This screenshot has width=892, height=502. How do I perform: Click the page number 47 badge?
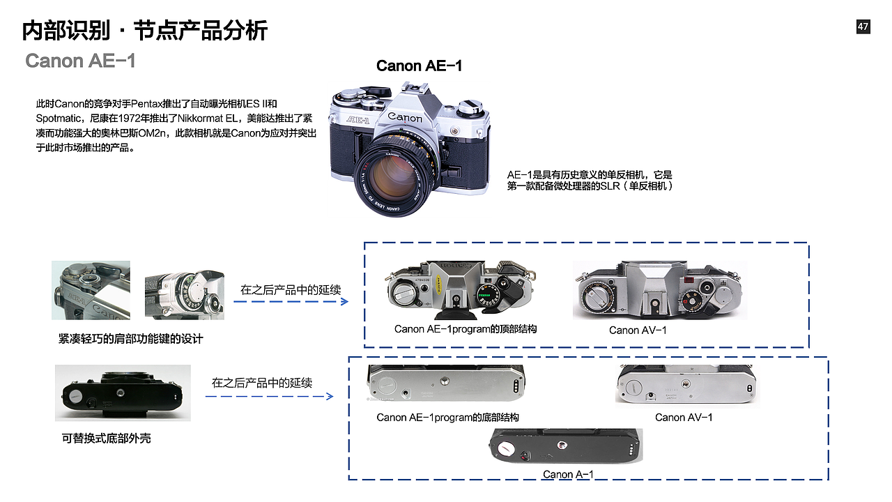(x=863, y=26)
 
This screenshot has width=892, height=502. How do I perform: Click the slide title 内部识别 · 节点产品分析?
(x=145, y=31)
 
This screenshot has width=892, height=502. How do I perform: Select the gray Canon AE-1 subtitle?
(x=80, y=61)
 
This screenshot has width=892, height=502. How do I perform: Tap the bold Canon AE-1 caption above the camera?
(x=419, y=66)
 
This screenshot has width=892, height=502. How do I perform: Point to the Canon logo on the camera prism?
(x=405, y=116)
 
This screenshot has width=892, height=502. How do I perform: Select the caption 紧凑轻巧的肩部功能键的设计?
(x=131, y=339)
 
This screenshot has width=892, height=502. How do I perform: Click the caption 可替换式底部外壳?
(x=106, y=438)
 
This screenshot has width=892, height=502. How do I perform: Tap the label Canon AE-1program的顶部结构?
(x=466, y=328)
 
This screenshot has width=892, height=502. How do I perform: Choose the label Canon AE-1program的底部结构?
(x=447, y=417)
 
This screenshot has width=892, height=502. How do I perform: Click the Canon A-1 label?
(x=568, y=474)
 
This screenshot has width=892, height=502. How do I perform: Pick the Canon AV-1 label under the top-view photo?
(x=638, y=330)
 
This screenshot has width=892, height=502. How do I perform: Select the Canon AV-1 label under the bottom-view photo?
(x=684, y=417)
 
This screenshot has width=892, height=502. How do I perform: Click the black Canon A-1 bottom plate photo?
(x=565, y=446)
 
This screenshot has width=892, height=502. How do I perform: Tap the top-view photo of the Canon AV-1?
(x=659, y=290)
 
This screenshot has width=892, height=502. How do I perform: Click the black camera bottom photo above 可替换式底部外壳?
(x=123, y=394)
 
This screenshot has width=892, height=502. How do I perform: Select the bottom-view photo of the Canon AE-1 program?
(x=446, y=383)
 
